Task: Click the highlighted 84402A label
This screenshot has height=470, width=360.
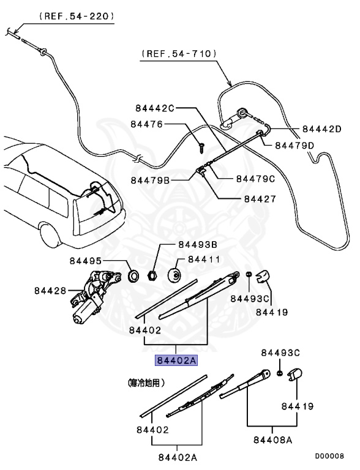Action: click(x=176, y=360)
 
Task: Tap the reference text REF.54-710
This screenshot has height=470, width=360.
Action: click(x=179, y=54)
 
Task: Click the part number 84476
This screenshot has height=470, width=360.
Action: click(x=146, y=124)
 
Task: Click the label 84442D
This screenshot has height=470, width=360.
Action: click(x=321, y=129)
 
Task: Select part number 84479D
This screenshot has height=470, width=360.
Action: click(x=294, y=145)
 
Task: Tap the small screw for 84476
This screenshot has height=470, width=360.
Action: click(x=200, y=145)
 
